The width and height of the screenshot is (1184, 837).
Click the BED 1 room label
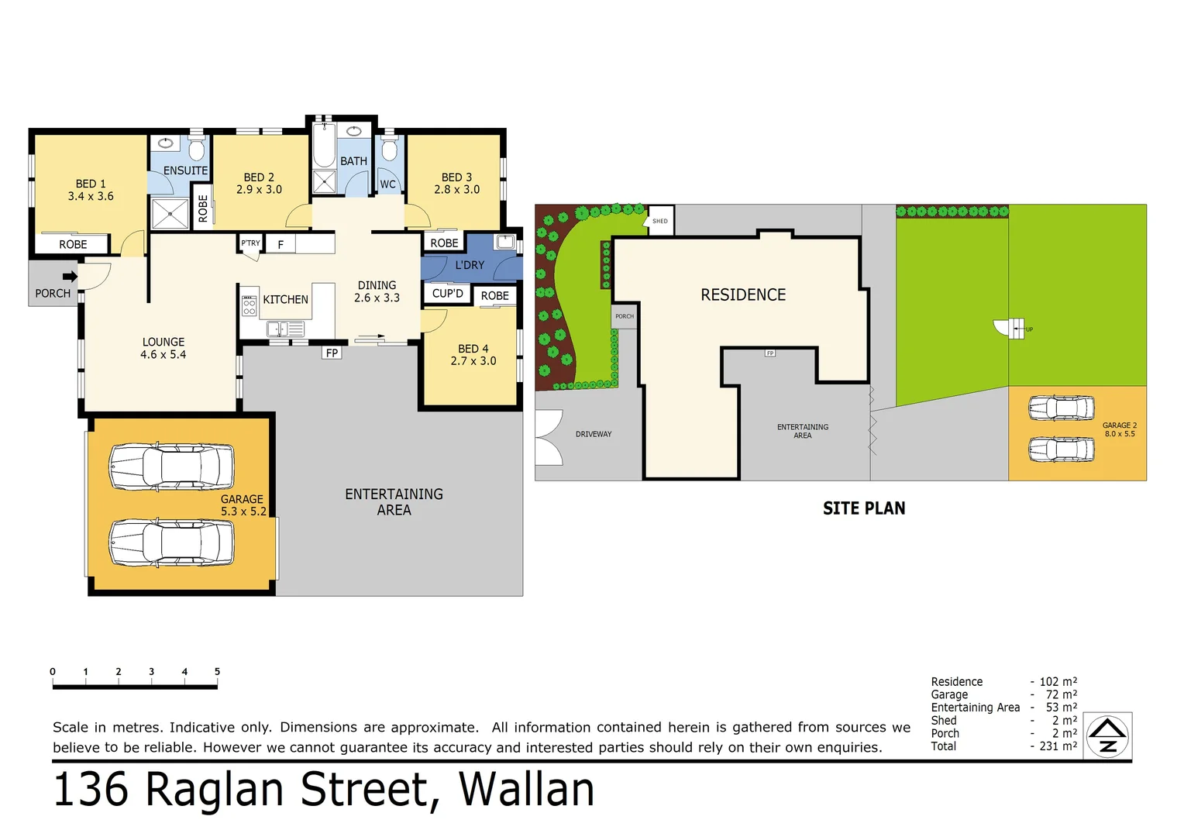click(91, 190)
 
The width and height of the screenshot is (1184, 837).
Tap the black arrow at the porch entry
click(70, 277)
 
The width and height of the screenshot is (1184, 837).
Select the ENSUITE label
click(185, 170)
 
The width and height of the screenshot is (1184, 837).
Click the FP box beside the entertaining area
click(332, 353)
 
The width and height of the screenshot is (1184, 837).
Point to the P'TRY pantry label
click(250, 243)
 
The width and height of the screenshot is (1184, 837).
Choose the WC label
click(387, 184)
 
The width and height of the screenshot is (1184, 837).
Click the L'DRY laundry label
click(470, 265)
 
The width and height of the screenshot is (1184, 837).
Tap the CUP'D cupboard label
click(447, 294)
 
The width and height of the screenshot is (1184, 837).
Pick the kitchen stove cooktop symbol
click(249, 304)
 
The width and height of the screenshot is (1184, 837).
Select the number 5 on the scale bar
click(217, 672)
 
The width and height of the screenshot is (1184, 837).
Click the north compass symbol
click(1107, 736)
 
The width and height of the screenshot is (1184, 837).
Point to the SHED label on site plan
click(659, 221)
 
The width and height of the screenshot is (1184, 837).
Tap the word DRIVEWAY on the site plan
click(594, 434)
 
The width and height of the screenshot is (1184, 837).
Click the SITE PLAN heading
click(864, 508)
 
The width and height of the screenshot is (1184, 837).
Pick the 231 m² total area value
click(1058, 746)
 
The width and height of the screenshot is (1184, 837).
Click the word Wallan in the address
click(526, 790)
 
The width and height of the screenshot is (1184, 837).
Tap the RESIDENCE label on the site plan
click(743, 295)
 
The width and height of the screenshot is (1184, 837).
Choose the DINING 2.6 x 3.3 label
click(377, 291)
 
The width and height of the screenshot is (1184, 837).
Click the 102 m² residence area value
click(1058, 682)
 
